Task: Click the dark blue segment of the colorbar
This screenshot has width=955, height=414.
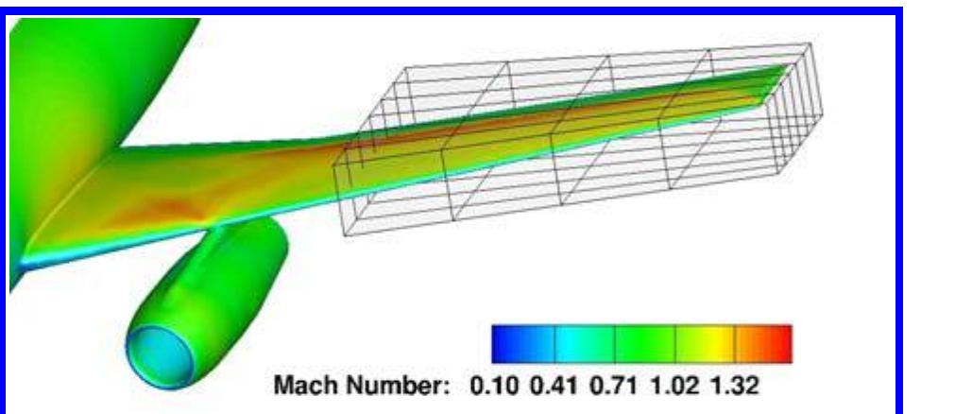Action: click(522, 344)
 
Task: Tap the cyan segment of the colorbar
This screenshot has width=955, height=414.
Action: click(585, 344)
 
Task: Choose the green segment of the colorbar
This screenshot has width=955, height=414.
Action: click(645, 344)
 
